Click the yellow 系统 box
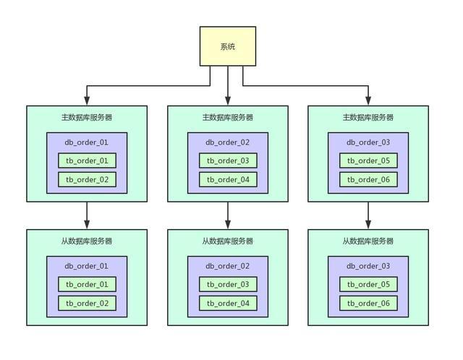pos(228,46)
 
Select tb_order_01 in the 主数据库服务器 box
pos(87,160)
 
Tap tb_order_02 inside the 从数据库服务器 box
pos(87,303)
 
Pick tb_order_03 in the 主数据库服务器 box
pos(228,160)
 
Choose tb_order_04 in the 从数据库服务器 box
pos(228,303)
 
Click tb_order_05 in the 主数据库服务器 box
pos(368,160)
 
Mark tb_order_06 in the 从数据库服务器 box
pos(368,303)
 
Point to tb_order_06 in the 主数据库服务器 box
pos(368,179)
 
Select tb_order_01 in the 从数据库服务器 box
pos(87,284)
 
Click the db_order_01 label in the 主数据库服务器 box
pos(87,142)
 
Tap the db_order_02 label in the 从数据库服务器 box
pos(228,266)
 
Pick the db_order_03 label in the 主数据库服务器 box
pos(368,142)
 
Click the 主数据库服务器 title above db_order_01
pos(87,117)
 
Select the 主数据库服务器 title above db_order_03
pos(368,117)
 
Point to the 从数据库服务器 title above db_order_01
pos(87,241)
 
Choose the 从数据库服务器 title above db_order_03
pos(368,241)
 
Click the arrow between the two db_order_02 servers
pos(228,215)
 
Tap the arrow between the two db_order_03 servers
pos(368,215)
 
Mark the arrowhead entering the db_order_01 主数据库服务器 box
pos(87,100)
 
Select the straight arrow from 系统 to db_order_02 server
pos(228,85)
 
